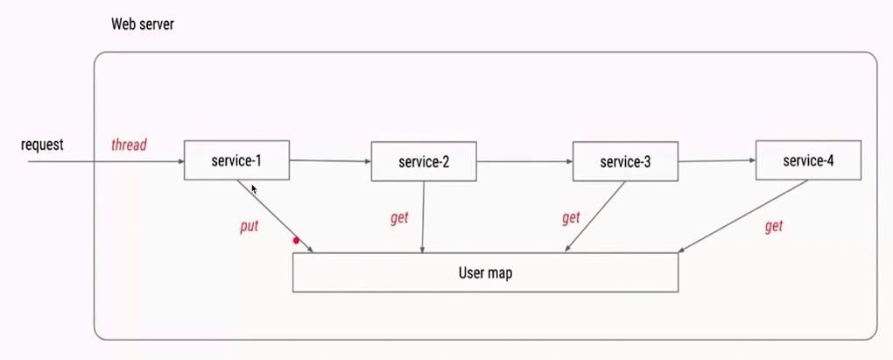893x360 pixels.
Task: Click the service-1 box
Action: pos(236,160)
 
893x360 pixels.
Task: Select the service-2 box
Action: pos(424,162)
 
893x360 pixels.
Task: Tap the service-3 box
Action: pos(625,162)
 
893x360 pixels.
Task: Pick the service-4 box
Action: pos(808,160)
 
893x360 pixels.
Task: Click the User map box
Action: pos(485,272)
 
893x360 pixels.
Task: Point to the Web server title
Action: pos(142,25)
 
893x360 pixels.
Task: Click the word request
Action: pos(42,145)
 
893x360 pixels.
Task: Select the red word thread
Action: pos(129,145)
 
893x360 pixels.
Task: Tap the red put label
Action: pos(250,226)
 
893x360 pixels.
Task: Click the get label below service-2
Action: pos(399,218)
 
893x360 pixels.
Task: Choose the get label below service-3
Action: pos(571,218)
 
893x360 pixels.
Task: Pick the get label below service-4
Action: pos(773,226)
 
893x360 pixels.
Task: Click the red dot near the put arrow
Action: pos(296,240)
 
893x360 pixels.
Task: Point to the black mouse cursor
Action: pos(254,188)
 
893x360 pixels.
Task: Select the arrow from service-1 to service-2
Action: pos(330,161)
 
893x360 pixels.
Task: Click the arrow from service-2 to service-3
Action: pos(524,162)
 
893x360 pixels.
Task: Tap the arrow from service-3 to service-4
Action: pos(716,161)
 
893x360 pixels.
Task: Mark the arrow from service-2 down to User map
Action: pos(424,217)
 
